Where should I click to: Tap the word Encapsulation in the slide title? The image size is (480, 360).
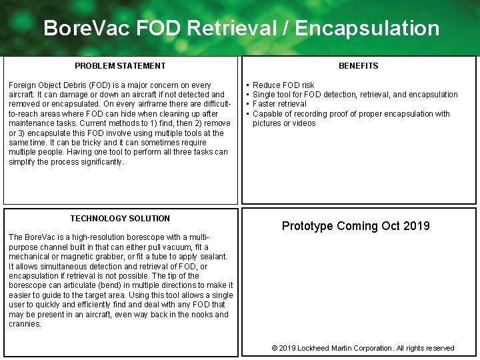tap(367, 29)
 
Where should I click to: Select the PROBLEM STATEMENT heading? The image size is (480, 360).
tap(120, 66)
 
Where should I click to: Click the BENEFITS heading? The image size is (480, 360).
tap(358, 66)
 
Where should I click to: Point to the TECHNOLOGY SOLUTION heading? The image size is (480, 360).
tap(120, 219)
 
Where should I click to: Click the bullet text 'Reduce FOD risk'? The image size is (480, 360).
tap(283, 85)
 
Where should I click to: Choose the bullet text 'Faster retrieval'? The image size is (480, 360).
tap(279, 104)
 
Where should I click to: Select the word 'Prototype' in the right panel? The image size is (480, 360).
tap(307, 226)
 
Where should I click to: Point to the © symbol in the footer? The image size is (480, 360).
tap(275, 348)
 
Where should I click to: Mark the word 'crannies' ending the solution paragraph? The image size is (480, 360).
tap(24, 324)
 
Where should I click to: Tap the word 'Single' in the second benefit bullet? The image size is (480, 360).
tap(265, 95)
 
